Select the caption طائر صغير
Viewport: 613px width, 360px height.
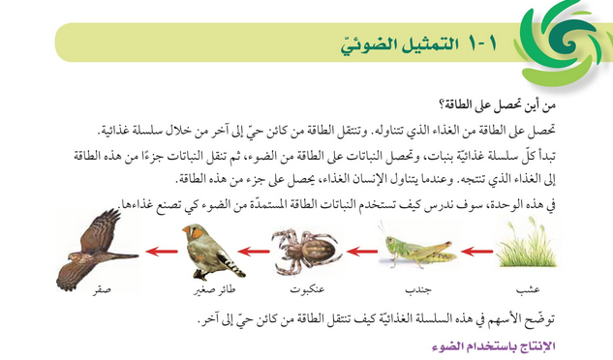(x=207, y=289)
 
